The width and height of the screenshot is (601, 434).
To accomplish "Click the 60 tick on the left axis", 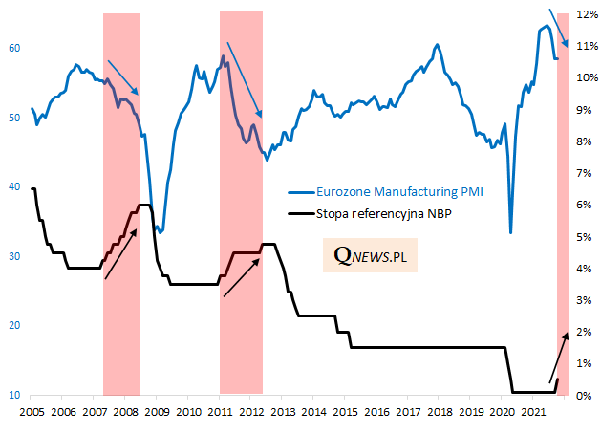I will tap(14, 48).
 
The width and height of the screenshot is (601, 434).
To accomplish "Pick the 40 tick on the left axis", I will tap(14, 186).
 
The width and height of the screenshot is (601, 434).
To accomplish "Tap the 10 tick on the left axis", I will tap(14, 395).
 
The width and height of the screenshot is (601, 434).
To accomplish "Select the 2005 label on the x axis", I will tap(32, 412).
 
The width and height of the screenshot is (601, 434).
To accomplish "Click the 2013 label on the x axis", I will tap(282, 412).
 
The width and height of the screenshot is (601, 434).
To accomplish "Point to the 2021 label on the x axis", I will tap(532, 412).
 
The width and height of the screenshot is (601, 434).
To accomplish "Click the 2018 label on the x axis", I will tap(439, 412).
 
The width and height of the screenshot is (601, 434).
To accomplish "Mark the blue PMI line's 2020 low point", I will tap(510, 232).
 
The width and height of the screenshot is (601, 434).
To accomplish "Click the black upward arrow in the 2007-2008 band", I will tap(121, 254).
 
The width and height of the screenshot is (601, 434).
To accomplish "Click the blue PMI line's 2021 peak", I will tap(547, 25).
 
